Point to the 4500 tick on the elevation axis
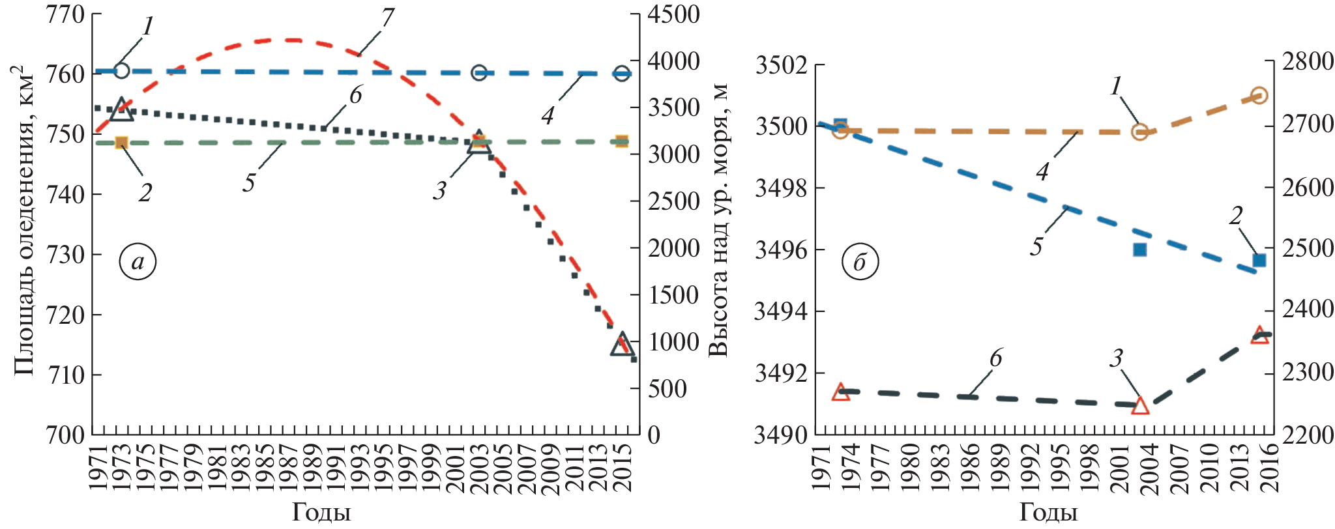click(x=673, y=14)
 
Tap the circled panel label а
click(x=138, y=261)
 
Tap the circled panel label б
click(x=859, y=263)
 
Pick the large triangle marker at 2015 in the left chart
click(x=622, y=344)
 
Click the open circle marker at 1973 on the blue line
click(x=121, y=71)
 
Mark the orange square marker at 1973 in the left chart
click(x=121, y=143)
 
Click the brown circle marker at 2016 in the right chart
click(x=1259, y=95)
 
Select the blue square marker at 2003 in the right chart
click(x=1139, y=250)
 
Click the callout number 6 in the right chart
click(x=995, y=358)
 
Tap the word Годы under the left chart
click(x=321, y=513)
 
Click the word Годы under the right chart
click(x=1048, y=513)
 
